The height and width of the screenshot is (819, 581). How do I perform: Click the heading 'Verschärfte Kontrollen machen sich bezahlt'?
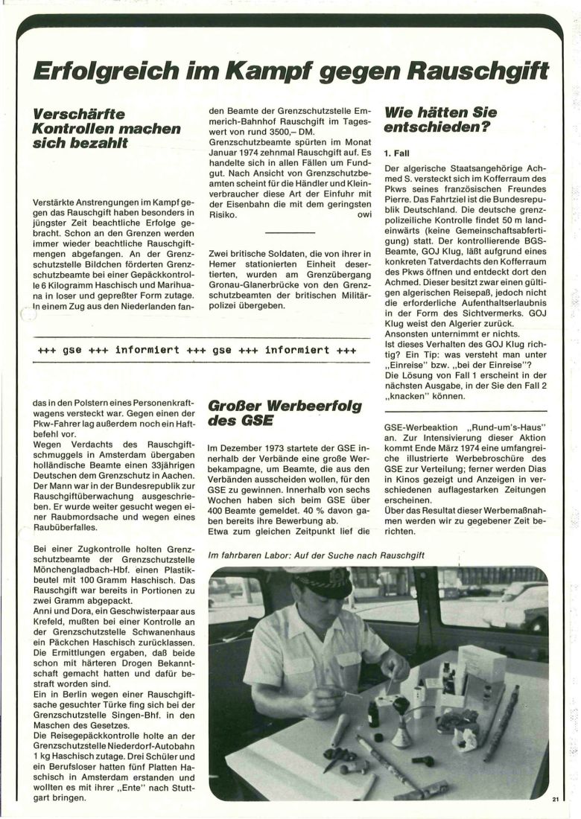(107, 128)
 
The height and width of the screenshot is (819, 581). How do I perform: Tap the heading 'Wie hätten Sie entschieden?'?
(440, 120)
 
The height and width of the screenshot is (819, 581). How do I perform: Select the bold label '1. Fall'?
(399, 153)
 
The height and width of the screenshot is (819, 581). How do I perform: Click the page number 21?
(556, 800)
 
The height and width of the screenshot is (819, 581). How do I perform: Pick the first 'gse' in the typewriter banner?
(72, 349)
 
